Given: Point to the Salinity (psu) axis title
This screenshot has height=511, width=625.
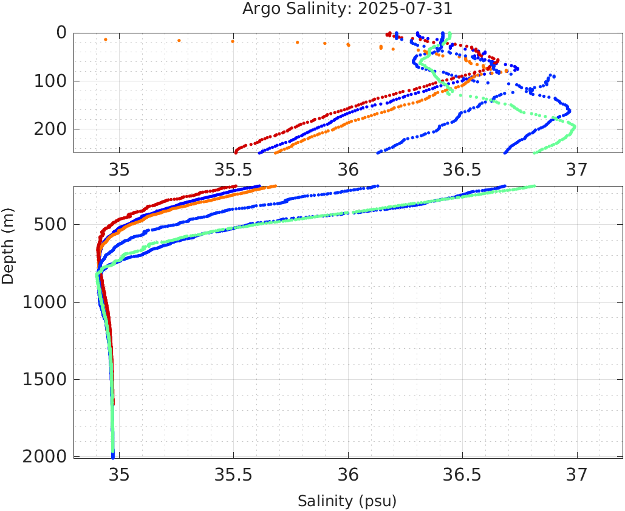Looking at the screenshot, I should pos(347,501).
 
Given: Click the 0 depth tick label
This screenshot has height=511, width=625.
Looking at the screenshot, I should pos(61,33).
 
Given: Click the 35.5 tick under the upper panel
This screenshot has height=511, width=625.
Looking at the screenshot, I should pos(234,168).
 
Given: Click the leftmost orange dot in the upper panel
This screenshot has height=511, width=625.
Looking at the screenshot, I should pos(106,39).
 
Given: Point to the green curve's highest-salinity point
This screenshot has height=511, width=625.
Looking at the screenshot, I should pos(575,126).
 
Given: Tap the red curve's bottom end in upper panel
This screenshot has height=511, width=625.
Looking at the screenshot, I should pos(236,152).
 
